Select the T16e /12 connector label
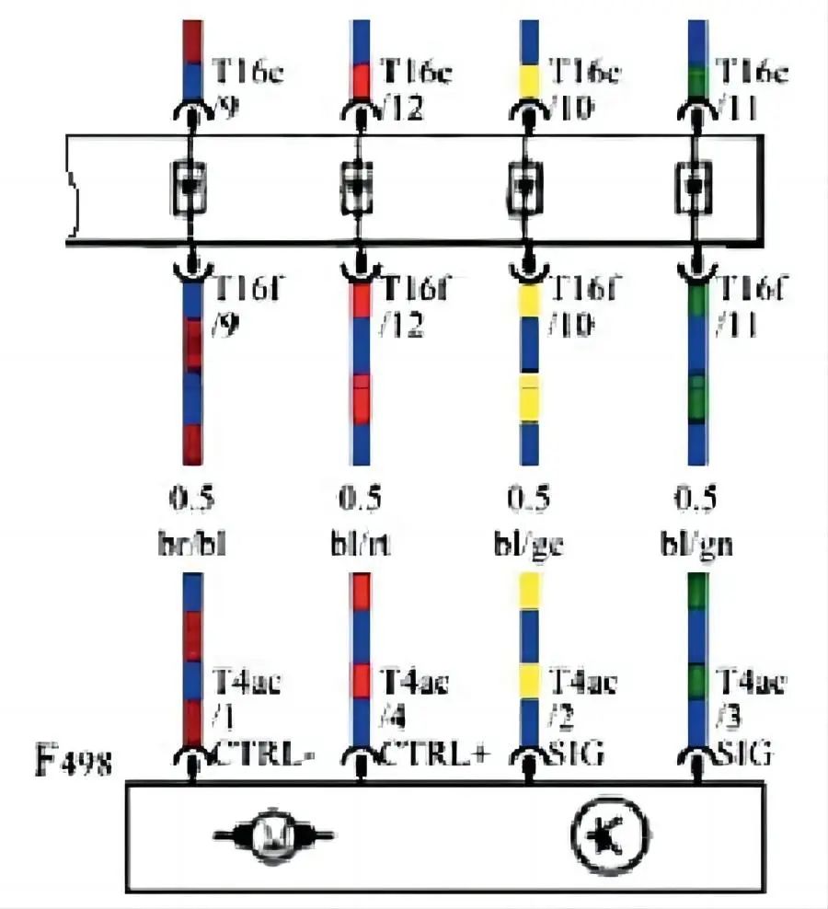[414, 87]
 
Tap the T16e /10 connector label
[582, 87]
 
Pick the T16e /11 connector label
[749, 87]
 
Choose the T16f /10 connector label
[582, 306]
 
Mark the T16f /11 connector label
[749, 306]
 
